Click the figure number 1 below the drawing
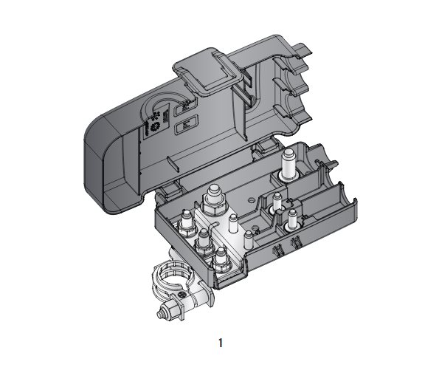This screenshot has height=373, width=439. [221, 343]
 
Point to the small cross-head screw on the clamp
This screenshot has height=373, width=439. [182, 295]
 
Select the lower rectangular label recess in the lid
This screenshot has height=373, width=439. [186, 126]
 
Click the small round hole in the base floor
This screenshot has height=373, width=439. [251, 200]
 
